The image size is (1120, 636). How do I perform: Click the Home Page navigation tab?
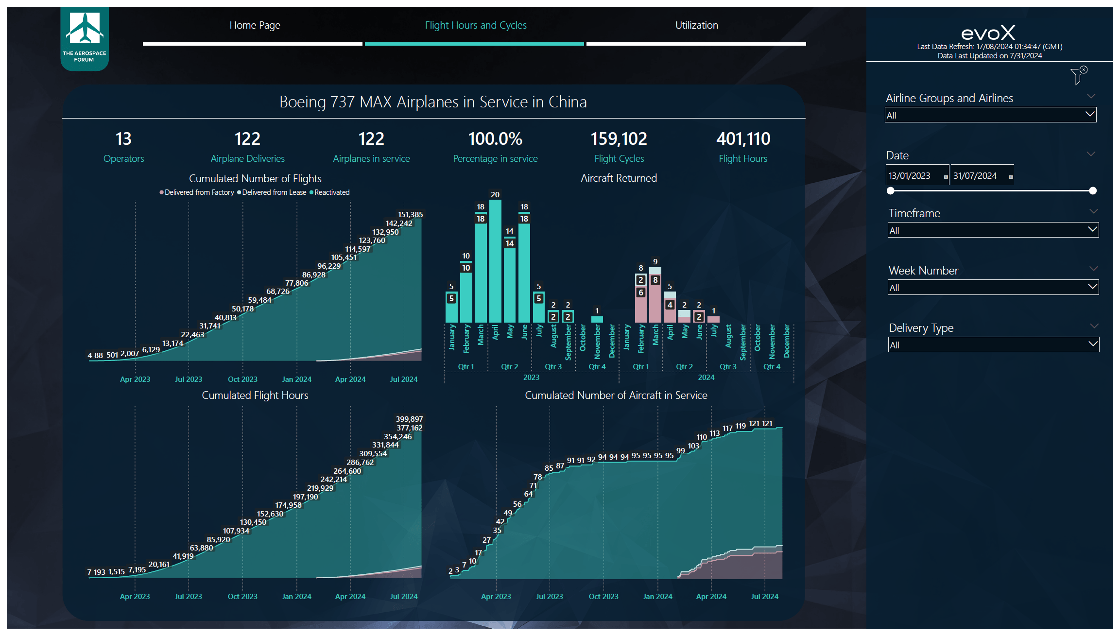pyautogui.click(x=255, y=25)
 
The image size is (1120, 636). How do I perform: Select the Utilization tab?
pyautogui.click(x=696, y=25)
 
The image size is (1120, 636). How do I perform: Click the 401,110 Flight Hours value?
pyautogui.click(x=743, y=139)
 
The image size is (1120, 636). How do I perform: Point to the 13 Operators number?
pyautogui.click(x=123, y=139)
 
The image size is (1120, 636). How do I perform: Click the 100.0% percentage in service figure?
pyautogui.click(x=495, y=139)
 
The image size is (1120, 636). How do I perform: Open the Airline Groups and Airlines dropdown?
pyautogui.click(x=990, y=115)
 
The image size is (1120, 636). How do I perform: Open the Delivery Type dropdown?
pyautogui.click(x=993, y=345)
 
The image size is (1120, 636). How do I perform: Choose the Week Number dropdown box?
pyautogui.click(x=993, y=288)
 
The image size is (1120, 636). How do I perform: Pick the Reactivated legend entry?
pyautogui.click(x=331, y=192)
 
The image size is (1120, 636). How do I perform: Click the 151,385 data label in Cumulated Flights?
pyautogui.click(x=411, y=215)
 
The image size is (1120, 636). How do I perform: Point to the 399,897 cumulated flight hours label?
pyautogui.click(x=409, y=419)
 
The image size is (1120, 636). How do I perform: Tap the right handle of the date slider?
pyautogui.click(x=1093, y=191)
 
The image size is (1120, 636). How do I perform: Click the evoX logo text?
pyautogui.click(x=988, y=33)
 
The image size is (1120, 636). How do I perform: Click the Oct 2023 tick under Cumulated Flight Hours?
pyautogui.click(x=242, y=597)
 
